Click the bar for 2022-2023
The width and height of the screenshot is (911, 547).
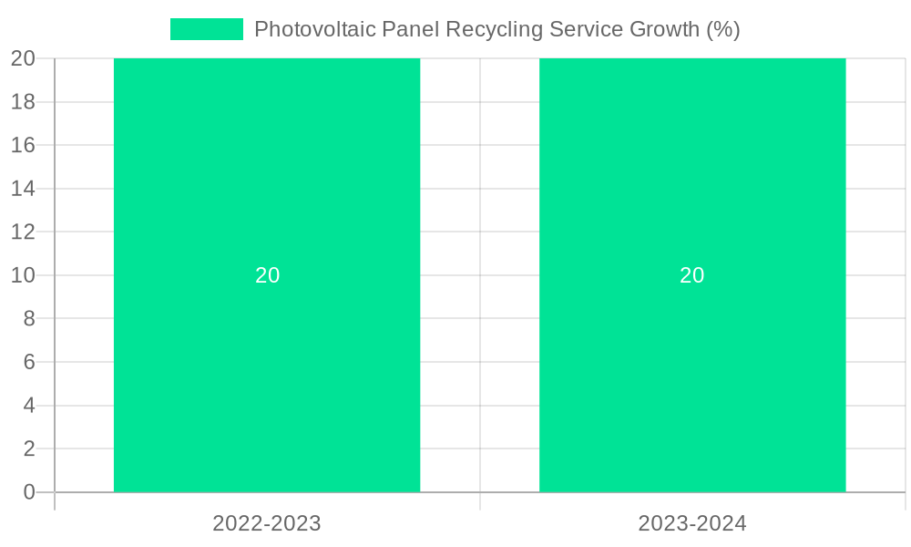pos(267,182)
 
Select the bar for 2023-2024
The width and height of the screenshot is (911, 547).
pos(692,182)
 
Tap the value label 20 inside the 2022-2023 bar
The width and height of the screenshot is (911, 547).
pos(267,275)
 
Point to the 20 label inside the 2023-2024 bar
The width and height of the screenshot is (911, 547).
pos(692,275)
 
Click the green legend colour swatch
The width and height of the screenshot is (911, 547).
pos(207,29)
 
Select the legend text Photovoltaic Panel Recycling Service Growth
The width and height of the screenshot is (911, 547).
pos(496,29)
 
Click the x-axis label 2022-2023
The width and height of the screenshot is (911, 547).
pos(267,523)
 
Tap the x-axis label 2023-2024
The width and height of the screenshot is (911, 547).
pos(692,523)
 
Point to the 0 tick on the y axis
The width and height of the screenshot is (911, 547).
pos(29,492)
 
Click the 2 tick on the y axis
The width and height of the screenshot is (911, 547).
pos(29,449)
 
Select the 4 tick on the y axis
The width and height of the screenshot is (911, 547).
pos(29,406)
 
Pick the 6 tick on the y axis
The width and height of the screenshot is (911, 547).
pos(29,362)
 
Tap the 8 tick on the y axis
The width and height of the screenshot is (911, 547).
pos(29,318)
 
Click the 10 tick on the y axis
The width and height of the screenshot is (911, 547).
pos(23,275)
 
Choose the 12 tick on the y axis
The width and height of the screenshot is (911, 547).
pos(23,232)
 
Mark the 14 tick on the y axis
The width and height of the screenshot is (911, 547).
pos(23,189)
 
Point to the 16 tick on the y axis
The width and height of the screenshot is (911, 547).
pos(23,145)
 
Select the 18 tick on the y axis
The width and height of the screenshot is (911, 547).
pos(23,102)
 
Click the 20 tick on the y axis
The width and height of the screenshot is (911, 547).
pos(23,58)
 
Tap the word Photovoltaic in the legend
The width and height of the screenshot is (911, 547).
pos(307,29)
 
